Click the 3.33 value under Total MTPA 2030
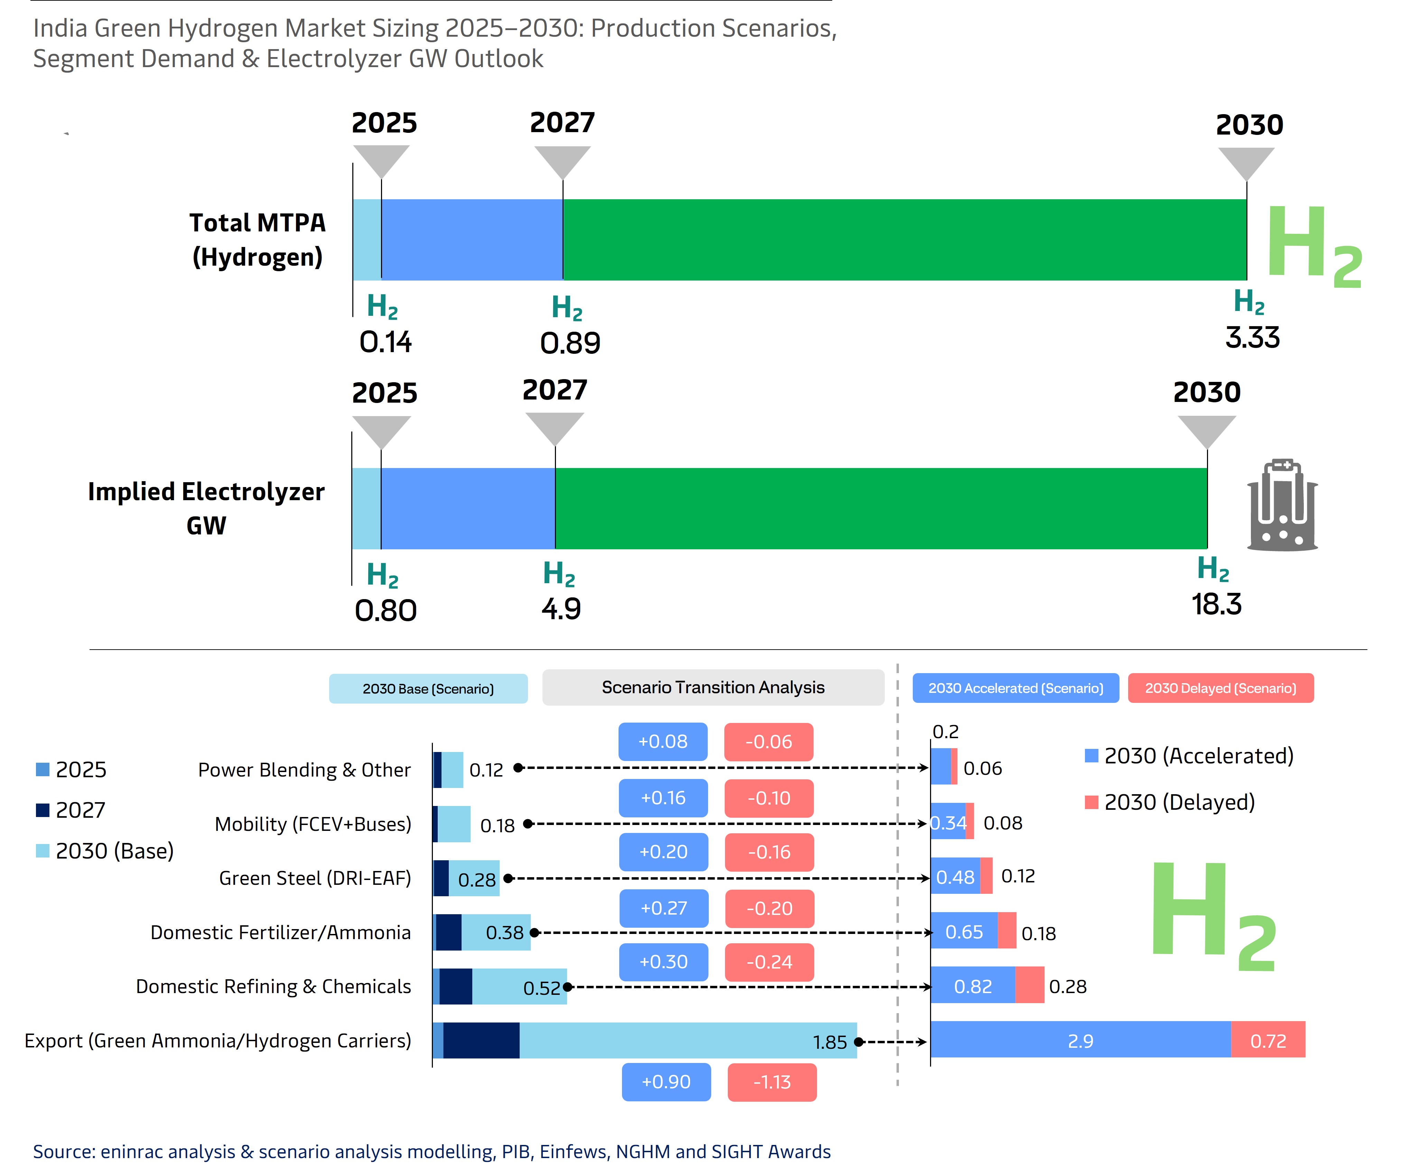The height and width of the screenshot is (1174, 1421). pos(1252,338)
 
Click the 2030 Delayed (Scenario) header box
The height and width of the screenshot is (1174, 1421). pos(1220,688)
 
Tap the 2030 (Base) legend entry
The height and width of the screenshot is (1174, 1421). pos(105,851)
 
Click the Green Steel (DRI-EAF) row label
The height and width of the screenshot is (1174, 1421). pos(315,878)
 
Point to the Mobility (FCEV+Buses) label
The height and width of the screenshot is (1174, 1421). pos(313,824)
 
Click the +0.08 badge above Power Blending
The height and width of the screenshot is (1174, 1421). pos(662,741)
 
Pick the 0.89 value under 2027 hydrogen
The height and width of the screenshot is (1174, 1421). pos(570,343)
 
